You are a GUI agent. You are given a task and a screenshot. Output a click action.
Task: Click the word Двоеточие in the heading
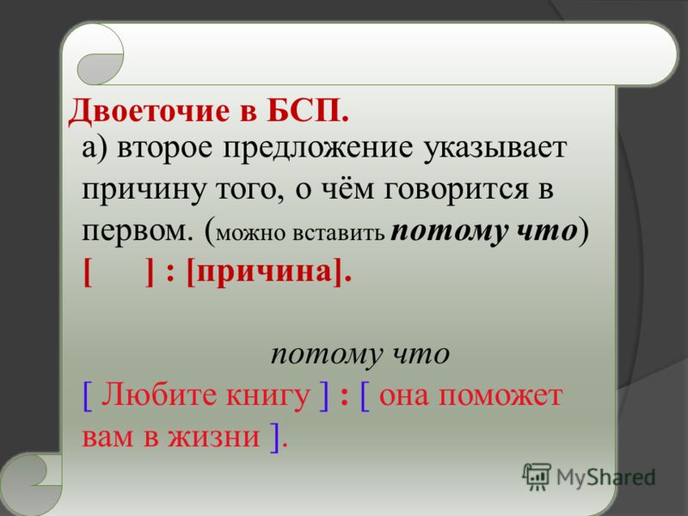coord(149,111)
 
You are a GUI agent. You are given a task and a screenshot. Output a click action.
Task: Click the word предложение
coord(318,149)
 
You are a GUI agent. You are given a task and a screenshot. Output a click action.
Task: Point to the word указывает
coord(494,149)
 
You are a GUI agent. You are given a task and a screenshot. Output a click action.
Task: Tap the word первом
coord(138,230)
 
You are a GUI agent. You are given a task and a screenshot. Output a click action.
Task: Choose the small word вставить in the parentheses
coord(338,233)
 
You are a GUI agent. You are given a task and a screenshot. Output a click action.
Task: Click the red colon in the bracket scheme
coord(170,274)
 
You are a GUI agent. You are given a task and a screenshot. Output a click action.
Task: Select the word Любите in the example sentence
coord(161,395)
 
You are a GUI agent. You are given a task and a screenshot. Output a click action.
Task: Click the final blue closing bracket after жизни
coord(275,437)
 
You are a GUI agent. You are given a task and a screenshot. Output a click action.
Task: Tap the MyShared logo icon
coord(536,476)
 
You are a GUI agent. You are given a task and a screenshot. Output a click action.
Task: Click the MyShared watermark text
coord(605,477)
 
